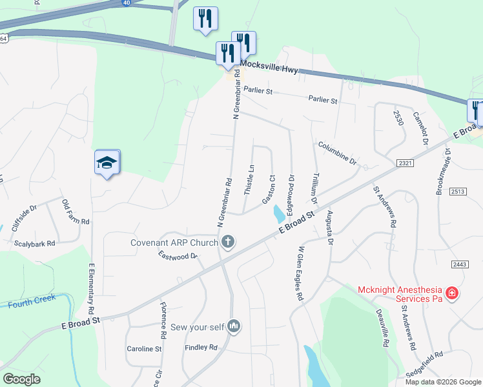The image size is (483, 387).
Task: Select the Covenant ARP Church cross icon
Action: pyautogui.click(x=227, y=243)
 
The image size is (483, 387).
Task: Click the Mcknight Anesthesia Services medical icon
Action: pyautogui.click(x=452, y=293)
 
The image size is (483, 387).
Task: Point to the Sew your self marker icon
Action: pyautogui.click(x=234, y=327)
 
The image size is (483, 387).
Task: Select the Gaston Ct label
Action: pyautogui.click(x=269, y=189)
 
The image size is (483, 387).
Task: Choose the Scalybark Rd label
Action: pyautogui.click(x=35, y=244)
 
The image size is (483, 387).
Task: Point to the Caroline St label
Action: pyautogui.click(x=144, y=348)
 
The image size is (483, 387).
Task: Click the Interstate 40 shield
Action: pyautogui.click(x=125, y=3)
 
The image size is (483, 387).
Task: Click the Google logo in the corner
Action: pyautogui.click(x=21, y=379)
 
